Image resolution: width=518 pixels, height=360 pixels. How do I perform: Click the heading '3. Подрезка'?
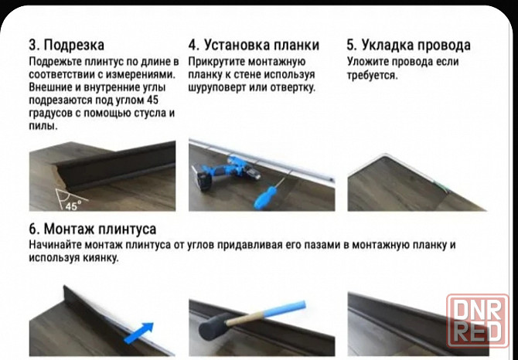pyautogui.click(x=66, y=45)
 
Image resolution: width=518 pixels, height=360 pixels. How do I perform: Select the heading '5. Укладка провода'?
pyautogui.click(x=408, y=45)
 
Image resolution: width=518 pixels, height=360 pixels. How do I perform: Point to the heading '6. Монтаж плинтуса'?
pyautogui.click(x=92, y=229)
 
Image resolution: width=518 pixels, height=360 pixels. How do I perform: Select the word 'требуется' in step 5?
pyautogui.click(x=372, y=75)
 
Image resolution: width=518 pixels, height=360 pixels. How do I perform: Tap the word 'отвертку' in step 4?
pyautogui.click(x=290, y=87)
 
